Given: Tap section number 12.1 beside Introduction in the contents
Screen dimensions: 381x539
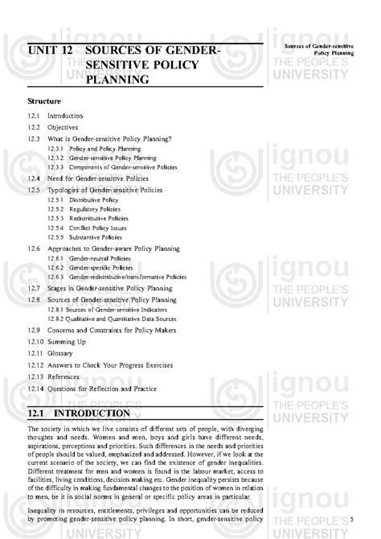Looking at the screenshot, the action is click(x=33, y=117).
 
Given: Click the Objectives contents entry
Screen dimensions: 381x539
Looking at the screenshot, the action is click(x=65, y=127).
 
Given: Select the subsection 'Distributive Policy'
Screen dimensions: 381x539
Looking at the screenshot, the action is click(x=93, y=199).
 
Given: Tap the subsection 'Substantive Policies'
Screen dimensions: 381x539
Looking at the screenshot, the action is click(x=96, y=237).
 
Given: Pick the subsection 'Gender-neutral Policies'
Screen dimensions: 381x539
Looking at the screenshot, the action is click(x=99, y=258).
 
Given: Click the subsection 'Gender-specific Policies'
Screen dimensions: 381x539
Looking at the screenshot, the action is click(x=99, y=267).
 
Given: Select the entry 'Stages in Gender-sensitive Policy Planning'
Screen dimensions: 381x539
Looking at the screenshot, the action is click(x=117, y=288).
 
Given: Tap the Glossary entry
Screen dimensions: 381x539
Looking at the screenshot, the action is click(x=60, y=353).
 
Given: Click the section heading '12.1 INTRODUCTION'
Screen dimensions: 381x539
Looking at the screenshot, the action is click(x=79, y=413).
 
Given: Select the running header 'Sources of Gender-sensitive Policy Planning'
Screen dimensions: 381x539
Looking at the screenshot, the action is click(x=319, y=51).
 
